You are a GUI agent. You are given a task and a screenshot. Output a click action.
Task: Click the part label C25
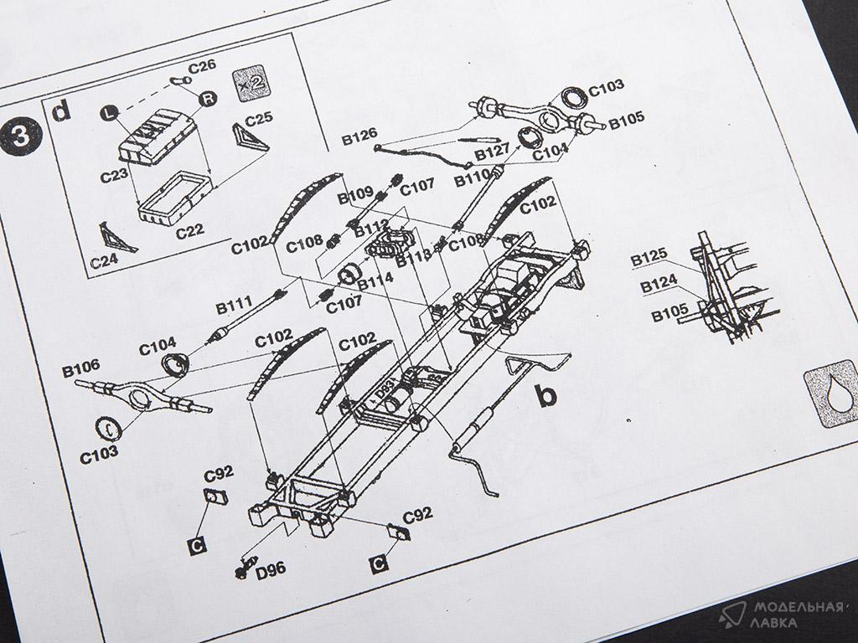[261, 120]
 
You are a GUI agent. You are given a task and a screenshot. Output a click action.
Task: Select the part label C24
[106, 260]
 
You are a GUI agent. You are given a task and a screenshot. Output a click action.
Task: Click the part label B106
[80, 365]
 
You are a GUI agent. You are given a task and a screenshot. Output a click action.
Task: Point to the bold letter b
[545, 394]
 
